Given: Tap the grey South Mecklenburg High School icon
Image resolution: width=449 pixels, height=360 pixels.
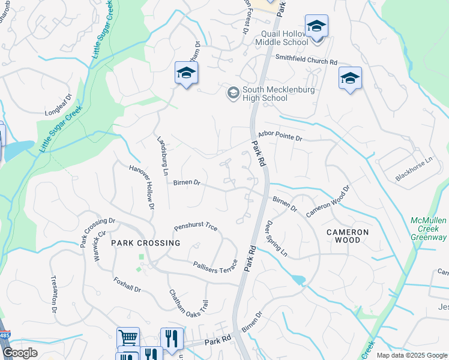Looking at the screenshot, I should click(x=233, y=93).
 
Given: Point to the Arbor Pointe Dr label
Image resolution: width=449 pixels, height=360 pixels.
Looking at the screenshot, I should click(x=280, y=137).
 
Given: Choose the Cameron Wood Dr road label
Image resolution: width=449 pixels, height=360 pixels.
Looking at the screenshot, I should click(x=327, y=202).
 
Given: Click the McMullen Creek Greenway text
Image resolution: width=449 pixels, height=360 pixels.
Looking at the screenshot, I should click(x=429, y=229).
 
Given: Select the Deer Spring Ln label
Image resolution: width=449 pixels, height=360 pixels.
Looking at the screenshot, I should click(x=276, y=239).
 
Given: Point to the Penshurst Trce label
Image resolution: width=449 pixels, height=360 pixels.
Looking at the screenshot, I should click(x=196, y=227).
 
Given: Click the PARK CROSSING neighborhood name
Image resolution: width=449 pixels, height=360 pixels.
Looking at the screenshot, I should click(x=145, y=243).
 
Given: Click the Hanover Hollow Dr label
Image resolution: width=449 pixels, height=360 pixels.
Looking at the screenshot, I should click(x=142, y=187).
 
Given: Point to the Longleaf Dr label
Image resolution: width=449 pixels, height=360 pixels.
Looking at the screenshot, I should click(x=58, y=106).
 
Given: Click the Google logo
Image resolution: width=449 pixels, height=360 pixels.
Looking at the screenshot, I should click(x=20, y=353).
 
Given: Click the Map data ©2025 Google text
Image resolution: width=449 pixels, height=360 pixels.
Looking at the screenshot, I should click(x=411, y=355).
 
